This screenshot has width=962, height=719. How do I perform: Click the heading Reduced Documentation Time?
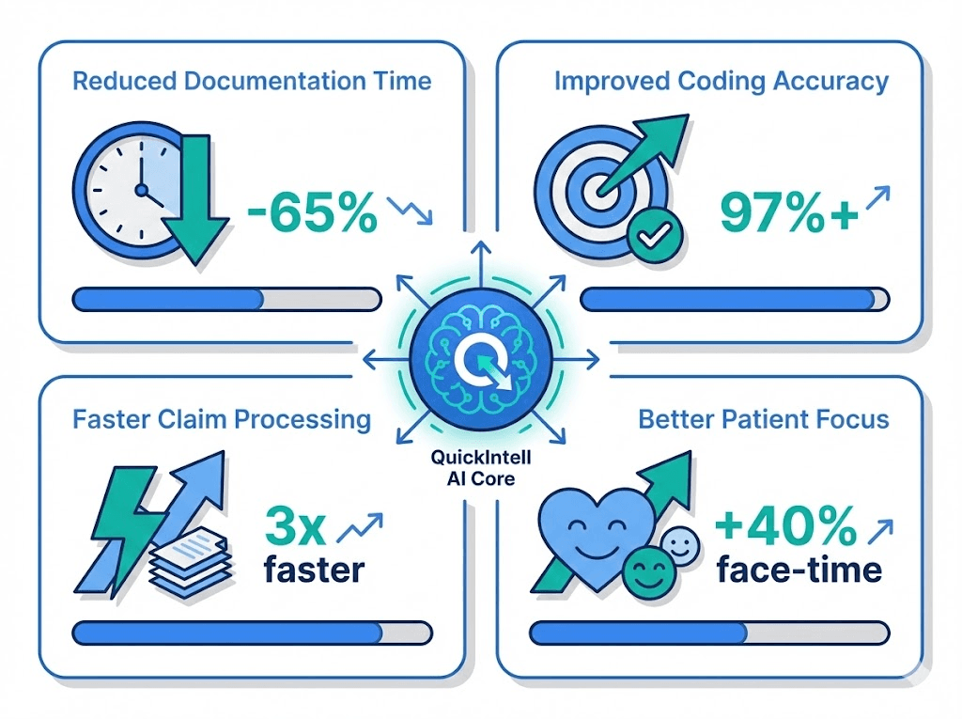click(x=252, y=81)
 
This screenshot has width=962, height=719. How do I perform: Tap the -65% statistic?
click(x=312, y=212)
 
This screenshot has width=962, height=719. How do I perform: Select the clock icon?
click(x=130, y=191)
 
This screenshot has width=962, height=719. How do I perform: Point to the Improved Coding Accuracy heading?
click(x=721, y=82)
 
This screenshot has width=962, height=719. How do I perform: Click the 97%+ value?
click(x=789, y=212)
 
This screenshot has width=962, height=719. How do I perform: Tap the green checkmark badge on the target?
click(x=654, y=235)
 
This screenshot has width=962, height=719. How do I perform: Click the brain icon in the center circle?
click(x=481, y=358)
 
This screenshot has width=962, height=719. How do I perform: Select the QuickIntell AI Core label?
click(x=481, y=468)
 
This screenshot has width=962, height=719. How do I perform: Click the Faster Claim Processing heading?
click(x=222, y=419)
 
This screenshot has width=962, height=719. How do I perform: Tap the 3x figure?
click(x=294, y=525)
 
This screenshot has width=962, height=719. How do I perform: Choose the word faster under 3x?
click(x=314, y=570)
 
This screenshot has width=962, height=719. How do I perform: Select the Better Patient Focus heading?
click(x=764, y=419)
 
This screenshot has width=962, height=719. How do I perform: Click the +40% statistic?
click(x=786, y=525)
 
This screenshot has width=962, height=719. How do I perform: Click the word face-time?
click(x=799, y=570)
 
